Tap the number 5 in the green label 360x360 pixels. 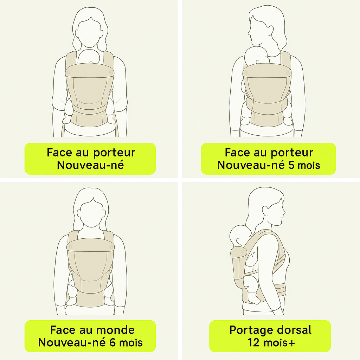click(291, 165)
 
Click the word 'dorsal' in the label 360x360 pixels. click(294, 330)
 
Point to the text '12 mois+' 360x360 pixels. click(271, 342)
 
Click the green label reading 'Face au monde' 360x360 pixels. click(90, 336)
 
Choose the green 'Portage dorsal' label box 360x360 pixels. click(270, 336)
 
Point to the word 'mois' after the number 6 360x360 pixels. click(131, 342)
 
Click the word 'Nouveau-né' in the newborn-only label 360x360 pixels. click(90, 165)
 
